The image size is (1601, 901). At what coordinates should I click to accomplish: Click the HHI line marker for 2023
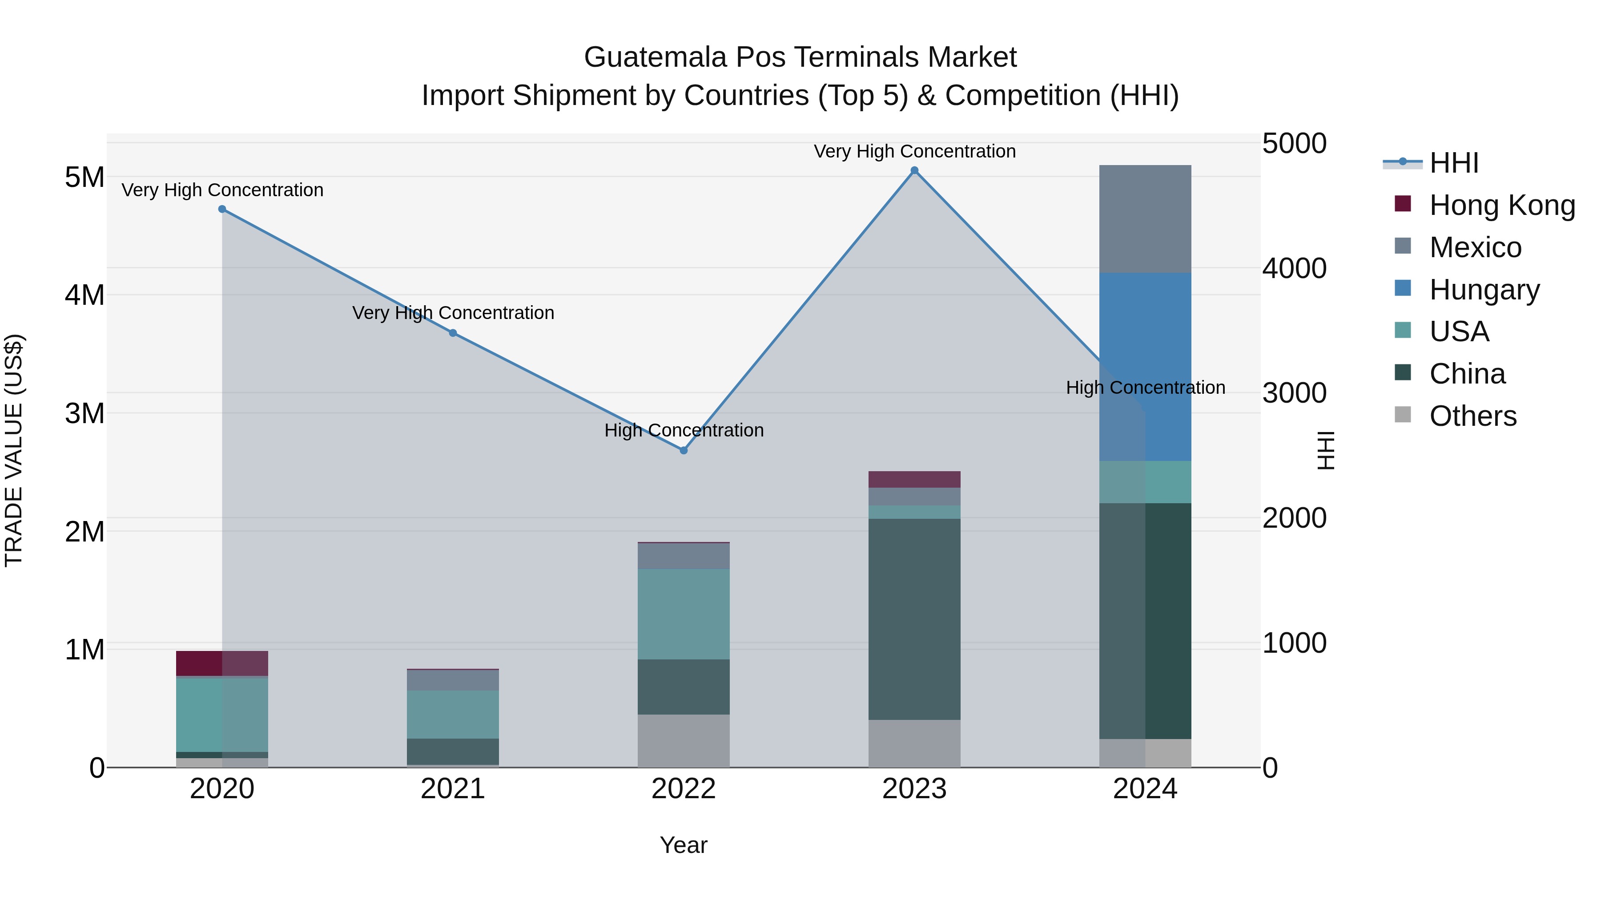tap(914, 170)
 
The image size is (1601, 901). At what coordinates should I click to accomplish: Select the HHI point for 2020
tap(222, 209)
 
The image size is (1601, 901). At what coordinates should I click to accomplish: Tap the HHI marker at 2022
tap(684, 450)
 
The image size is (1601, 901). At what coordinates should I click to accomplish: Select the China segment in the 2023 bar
tap(914, 619)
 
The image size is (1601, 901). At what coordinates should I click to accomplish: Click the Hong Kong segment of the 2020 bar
tap(222, 663)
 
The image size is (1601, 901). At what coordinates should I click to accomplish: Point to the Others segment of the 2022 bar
tap(684, 740)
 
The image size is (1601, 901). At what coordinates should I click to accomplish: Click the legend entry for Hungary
tap(1484, 290)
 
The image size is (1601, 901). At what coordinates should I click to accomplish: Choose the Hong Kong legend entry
tap(1501, 205)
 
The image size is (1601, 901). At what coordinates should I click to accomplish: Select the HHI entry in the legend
tap(1453, 163)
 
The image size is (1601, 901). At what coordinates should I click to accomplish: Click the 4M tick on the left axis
tap(84, 295)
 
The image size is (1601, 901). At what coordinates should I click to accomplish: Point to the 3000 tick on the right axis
tap(1294, 393)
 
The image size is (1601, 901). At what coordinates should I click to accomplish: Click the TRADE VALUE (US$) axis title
tap(14, 450)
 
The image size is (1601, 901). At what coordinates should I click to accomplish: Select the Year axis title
tap(683, 845)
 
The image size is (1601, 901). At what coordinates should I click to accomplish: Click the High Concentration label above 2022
tap(684, 430)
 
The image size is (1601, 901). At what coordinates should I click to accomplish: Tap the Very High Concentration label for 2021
tap(453, 313)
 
